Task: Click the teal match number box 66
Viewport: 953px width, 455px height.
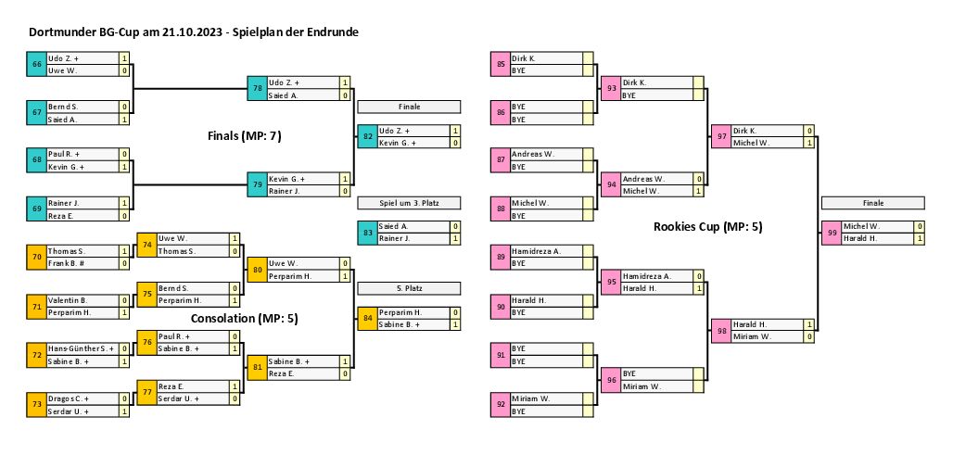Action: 36,64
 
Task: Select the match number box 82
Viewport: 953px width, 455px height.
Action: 368,137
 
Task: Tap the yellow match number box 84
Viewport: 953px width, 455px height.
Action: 368,319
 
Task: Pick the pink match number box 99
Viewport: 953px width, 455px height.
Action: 832,233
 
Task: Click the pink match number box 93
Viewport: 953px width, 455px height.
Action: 611,89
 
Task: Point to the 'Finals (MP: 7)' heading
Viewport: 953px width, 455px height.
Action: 244,136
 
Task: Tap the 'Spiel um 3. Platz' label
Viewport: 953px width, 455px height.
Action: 409,203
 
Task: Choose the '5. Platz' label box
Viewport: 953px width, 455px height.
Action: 409,288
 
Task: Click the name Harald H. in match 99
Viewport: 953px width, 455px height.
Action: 862,239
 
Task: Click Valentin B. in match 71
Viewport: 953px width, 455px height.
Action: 68,300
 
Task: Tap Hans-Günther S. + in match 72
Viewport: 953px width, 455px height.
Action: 79,348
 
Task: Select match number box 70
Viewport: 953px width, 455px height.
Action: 36,257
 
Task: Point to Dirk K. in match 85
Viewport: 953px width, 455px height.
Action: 524,58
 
